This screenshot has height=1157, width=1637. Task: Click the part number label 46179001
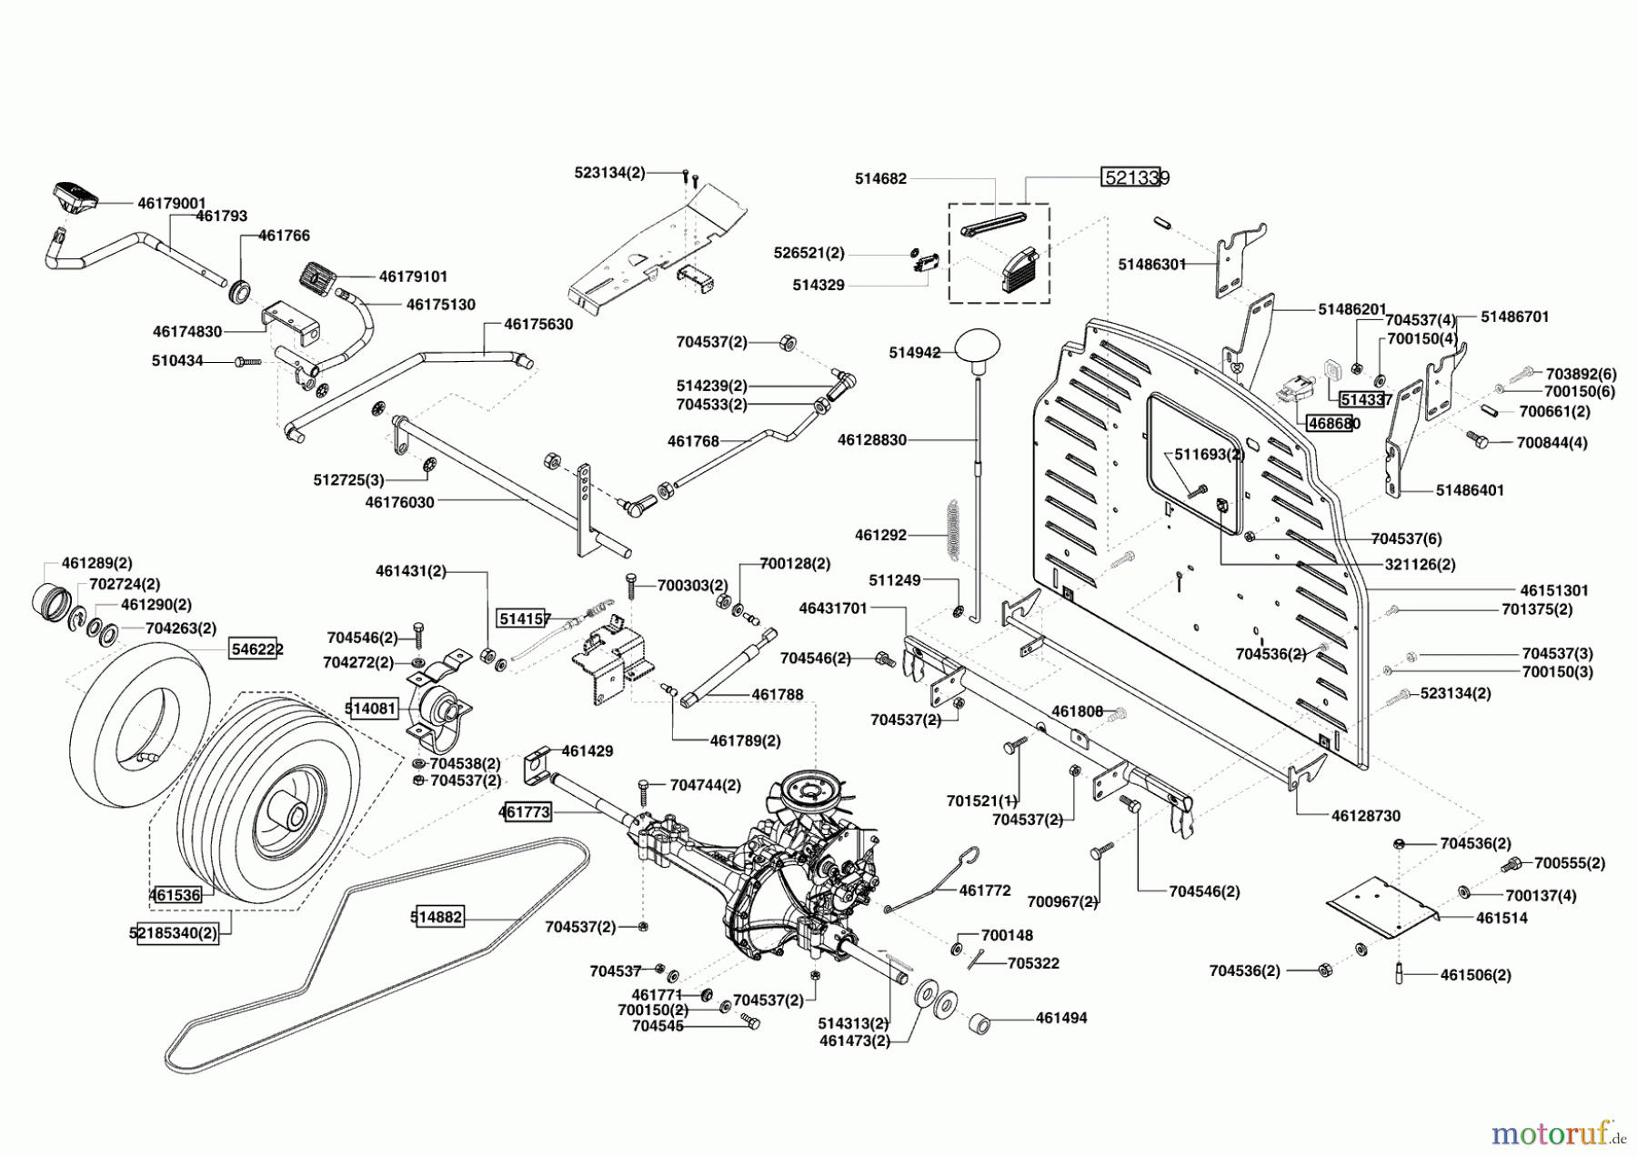(171, 204)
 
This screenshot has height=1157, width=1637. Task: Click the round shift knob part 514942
(978, 347)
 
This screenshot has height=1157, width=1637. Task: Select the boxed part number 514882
(437, 918)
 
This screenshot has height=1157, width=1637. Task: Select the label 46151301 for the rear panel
(1553, 590)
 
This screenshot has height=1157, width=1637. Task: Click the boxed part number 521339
(1135, 177)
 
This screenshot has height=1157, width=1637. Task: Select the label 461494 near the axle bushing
(1060, 1019)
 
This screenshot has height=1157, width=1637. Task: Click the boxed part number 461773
(525, 811)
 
